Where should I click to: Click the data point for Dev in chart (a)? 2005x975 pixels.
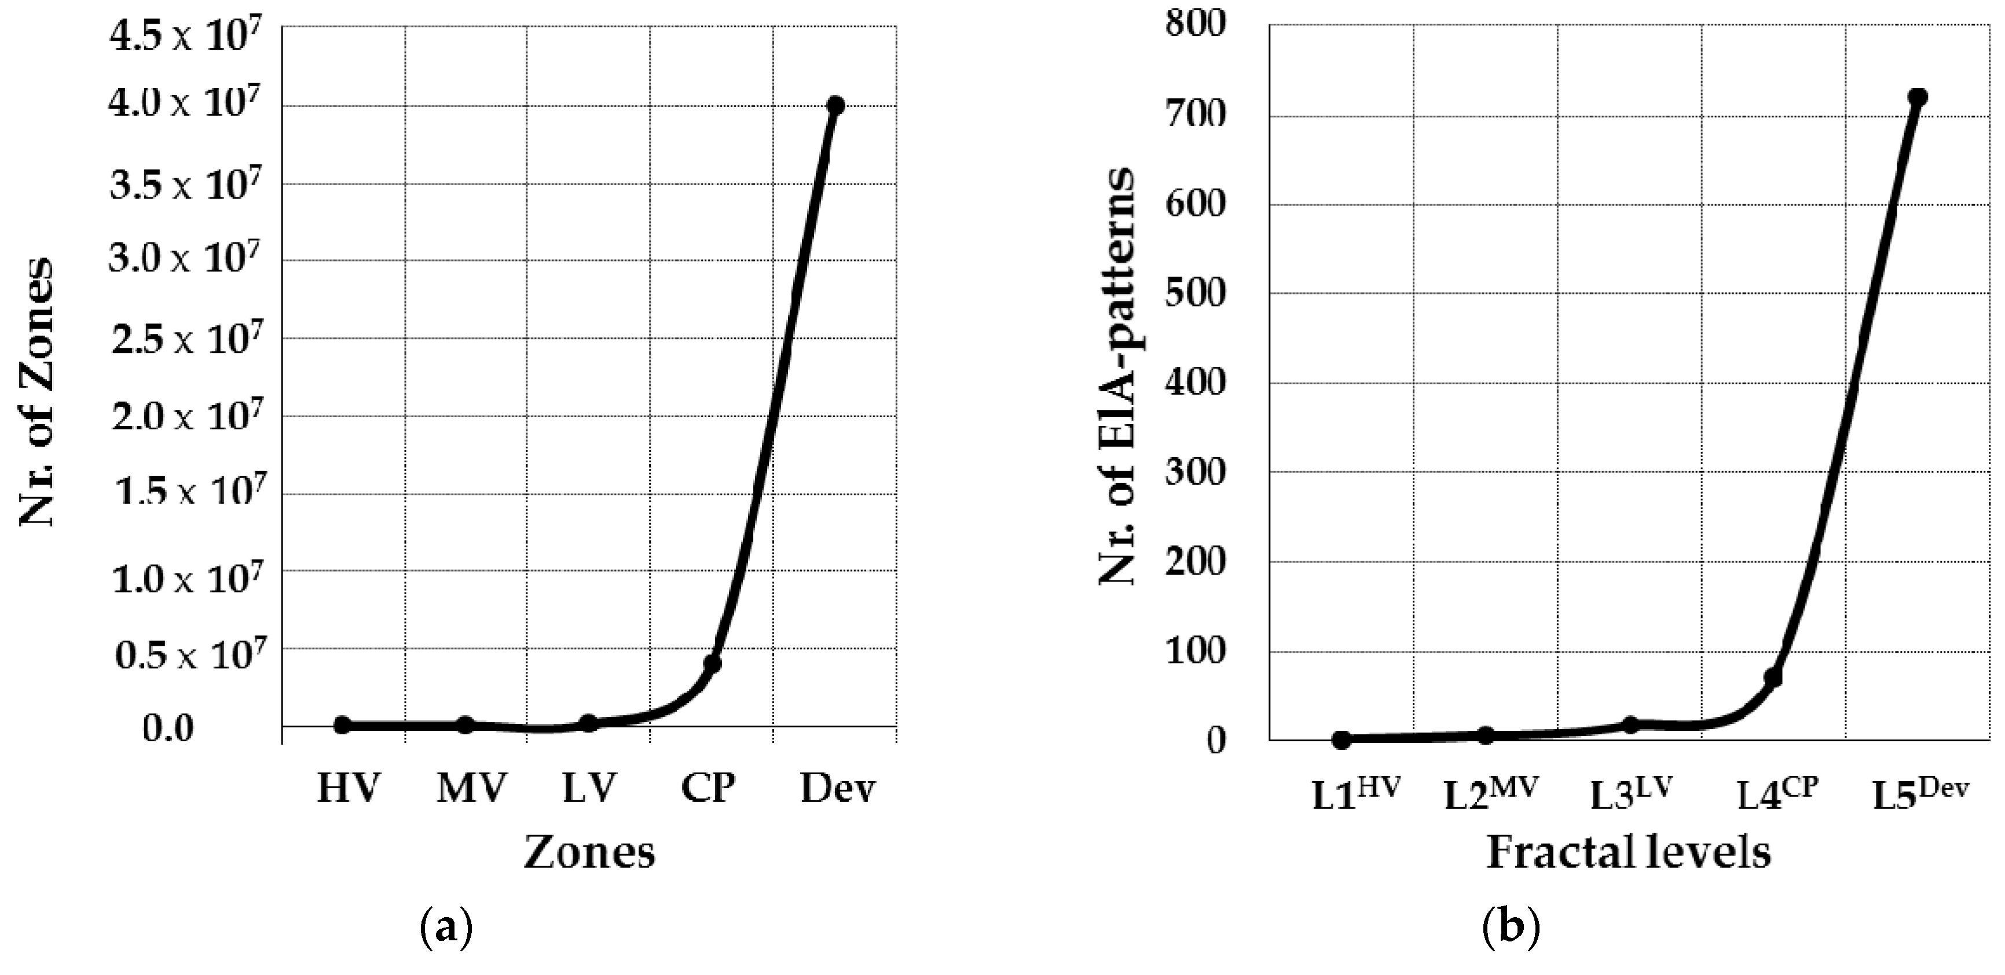835,105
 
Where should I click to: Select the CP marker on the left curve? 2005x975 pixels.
712,663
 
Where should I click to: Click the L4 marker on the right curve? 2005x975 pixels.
1773,677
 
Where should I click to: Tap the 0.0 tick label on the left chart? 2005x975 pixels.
168,729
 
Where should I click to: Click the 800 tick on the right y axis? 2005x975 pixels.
1195,25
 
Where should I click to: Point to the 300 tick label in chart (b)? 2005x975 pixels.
1195,472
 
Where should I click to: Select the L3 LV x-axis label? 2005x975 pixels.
1630,794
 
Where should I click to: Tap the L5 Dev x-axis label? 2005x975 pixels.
1919,794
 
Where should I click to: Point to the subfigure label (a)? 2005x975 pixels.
446,929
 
